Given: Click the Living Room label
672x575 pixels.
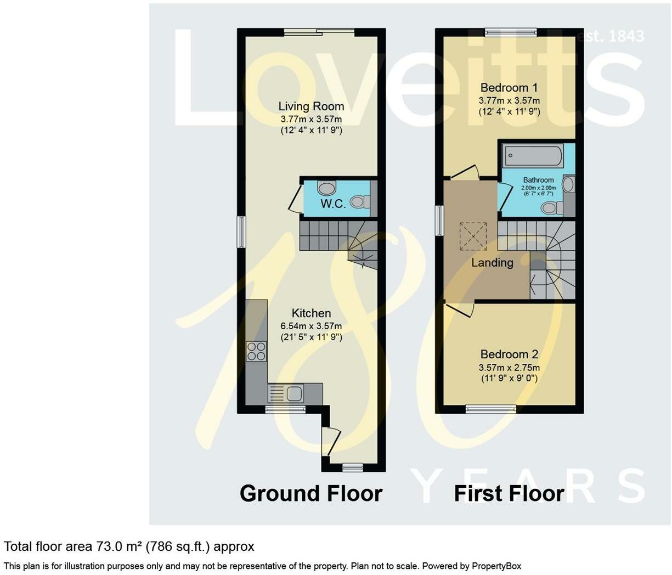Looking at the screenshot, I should [311, 106].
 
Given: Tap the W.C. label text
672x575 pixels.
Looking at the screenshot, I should [333, 204].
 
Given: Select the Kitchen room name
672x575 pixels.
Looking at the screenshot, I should [311, 313].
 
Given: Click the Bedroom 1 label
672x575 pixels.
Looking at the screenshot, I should [509, 88].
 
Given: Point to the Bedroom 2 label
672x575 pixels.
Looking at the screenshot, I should [509, 354].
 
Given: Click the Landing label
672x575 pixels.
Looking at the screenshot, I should [492, 263].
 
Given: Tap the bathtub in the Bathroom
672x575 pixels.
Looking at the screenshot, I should [533, 156].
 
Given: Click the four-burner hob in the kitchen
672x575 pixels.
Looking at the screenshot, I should [256, 351].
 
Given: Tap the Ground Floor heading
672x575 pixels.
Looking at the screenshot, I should [311, 493].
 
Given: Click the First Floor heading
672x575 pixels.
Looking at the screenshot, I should [509, 493].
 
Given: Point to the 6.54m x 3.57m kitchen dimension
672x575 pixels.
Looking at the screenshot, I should [311, 326].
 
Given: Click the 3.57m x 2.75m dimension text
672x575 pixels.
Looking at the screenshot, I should [509, 368].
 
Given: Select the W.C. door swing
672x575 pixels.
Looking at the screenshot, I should [295, 199].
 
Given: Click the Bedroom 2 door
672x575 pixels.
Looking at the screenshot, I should [460, 310].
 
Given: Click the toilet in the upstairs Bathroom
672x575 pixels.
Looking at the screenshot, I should [550, 208].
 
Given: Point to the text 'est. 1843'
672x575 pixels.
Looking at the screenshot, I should [611, 36].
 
